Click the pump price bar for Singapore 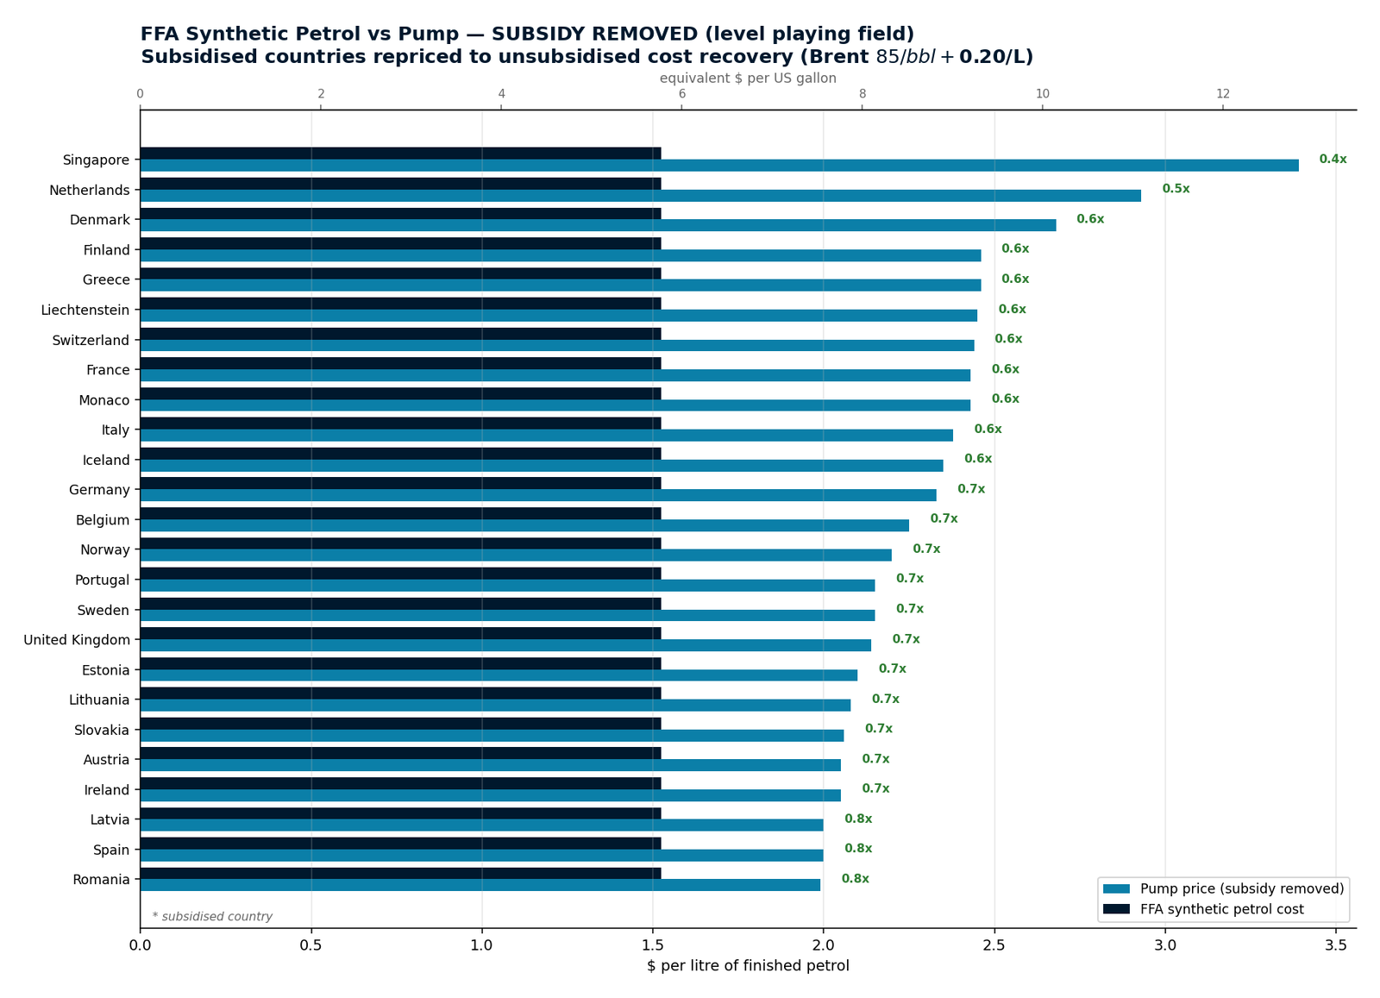719,166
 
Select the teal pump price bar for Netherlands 641,196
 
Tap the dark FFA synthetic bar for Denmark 400,214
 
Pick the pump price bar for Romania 480,885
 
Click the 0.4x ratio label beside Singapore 1333,159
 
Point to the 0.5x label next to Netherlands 1176,189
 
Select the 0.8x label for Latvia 858,819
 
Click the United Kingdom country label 77,640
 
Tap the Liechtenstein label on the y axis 85,310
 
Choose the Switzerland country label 91,340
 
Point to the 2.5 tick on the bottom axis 994,945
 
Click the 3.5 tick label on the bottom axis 1336,945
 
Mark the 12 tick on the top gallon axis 1223,94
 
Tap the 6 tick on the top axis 682,94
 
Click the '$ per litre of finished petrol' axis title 748,966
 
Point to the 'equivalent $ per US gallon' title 748,78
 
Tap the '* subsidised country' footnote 212,917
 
